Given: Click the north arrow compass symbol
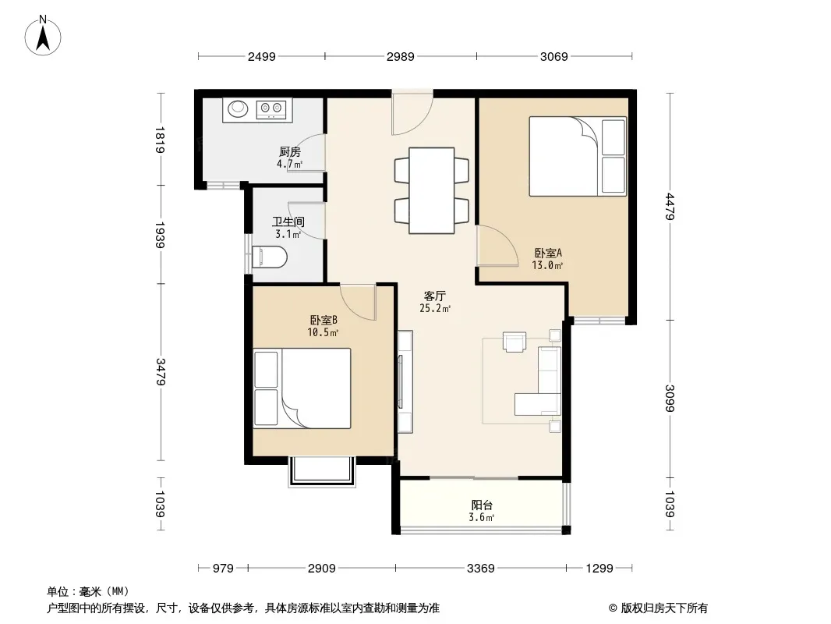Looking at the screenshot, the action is tap(43, 36).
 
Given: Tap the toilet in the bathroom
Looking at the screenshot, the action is tap(270, 257).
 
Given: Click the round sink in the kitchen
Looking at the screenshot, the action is tap(238, 108).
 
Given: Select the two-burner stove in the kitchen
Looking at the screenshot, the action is tap(271, 109).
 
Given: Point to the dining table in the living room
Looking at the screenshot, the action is tap(431, 190).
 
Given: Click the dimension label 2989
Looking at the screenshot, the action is tap(400, 56).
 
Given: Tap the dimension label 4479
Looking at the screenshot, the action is tap(670, 206).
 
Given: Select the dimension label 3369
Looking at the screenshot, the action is tap(481, 569).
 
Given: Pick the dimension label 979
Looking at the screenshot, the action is tap(223, 569).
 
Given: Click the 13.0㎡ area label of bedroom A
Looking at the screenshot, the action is tap(547, 265).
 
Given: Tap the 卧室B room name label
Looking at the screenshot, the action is tap(324, 321).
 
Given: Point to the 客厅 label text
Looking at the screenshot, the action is tap(434, 296).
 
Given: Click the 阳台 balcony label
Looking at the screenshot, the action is tap(482, 505).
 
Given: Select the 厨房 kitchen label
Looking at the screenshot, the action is tap(290, 152).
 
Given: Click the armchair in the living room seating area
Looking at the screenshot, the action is tap(514, 342).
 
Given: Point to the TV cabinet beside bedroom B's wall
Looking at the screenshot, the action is tap(405, 381).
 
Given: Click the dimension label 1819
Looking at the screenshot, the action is tap(161, 140).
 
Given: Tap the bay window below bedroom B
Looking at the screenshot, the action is tap(321, 471).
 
